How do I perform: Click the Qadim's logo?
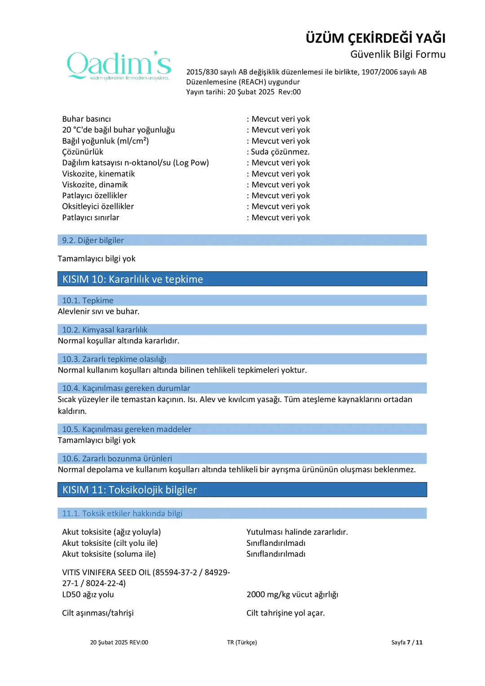click(119, 66)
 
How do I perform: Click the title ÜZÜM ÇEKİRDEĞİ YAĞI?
click(375, 38)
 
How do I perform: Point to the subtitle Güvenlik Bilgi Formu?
click(398, 54)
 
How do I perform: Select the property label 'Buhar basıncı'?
click(86, 119)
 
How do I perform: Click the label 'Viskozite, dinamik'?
click(95, 185)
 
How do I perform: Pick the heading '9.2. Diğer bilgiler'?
click(93, 240)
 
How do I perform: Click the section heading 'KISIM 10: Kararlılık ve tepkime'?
click(132, 279)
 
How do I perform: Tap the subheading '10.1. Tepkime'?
click(88, 301)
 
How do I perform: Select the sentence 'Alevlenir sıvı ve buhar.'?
click(99, 311)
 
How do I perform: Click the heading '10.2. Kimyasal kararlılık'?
click(105, 330)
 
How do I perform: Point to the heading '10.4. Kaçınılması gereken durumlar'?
click(126, 388)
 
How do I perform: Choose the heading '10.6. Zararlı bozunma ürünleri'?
click(117, 459)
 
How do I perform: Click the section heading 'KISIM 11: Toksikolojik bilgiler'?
click(129, 490)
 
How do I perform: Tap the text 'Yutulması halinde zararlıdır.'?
click(297, 532)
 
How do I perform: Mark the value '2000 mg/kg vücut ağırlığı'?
click(292, 594)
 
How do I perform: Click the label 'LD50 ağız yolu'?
click(88, 594)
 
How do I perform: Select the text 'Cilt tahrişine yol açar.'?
click(286, 613)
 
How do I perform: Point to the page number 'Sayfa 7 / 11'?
click(406, 642)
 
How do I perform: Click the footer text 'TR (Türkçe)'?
click(242, 642)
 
